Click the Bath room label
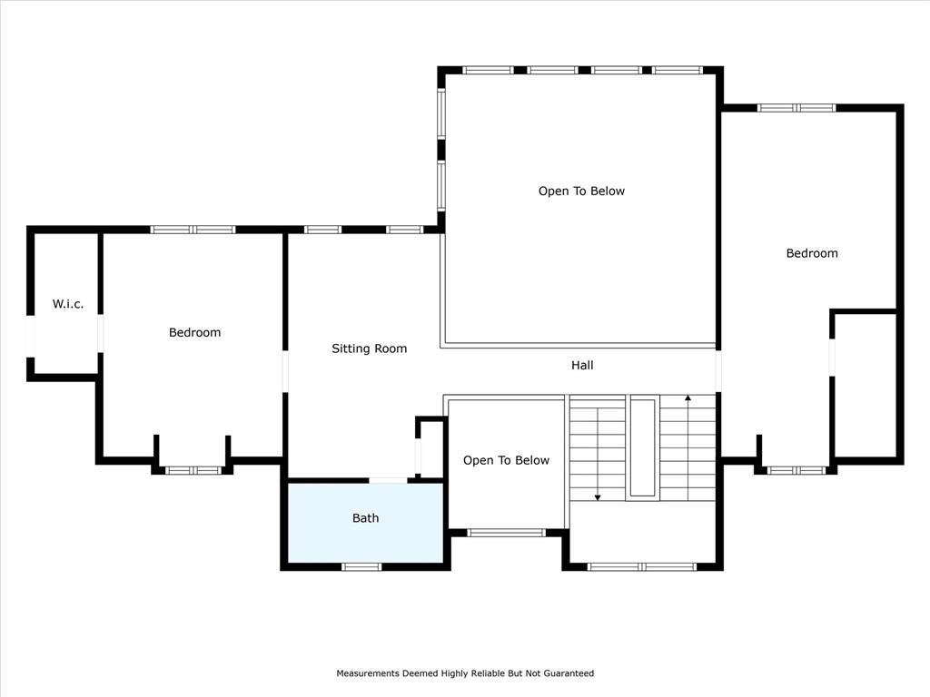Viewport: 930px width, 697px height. point(365,518)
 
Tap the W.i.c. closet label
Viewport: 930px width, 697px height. point(67,304)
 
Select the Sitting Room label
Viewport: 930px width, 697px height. point(369,348)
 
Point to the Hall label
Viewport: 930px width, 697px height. point(582,365)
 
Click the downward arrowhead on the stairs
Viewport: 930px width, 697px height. point(598,497)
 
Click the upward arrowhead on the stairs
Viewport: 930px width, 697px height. point(688,398)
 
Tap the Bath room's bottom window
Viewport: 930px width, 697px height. point(361,567)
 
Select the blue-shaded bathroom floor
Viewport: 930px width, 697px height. point(365,523)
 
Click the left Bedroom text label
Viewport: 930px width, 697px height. point(194,332)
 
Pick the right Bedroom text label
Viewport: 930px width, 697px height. point(812,253)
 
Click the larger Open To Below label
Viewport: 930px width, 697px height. point(581,191)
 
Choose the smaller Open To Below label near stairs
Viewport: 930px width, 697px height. point(506,460)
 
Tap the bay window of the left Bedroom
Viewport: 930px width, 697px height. point(193,471)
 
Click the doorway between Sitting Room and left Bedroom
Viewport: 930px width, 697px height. point(285,371)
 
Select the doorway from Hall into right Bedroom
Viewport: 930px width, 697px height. point(718,371)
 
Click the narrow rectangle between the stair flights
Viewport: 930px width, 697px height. point(642,447)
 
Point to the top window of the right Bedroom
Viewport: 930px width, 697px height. point(796,108)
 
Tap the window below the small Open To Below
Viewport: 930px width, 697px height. point(506,533)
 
